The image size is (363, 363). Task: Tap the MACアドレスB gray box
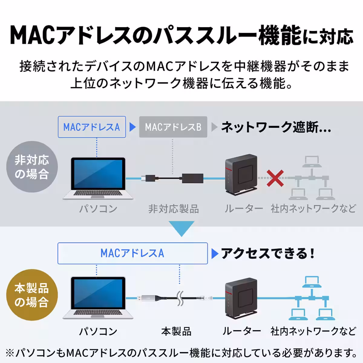[x=173, y=127]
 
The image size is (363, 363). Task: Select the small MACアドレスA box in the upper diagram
[x=92, y=127]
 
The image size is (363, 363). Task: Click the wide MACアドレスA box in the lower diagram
[x=132, y=253]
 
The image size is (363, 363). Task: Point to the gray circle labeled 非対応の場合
[x=32, y=167]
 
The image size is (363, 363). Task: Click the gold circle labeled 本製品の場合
[x=32, y=295]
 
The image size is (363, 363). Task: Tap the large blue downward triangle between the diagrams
[x=181, y=228]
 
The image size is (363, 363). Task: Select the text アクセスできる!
[x=268, y=253]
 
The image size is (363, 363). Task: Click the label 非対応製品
[x=173, y=209]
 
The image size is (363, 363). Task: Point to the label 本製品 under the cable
[x=176, y=331]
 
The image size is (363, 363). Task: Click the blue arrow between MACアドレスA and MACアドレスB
[x=132, y=127]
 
